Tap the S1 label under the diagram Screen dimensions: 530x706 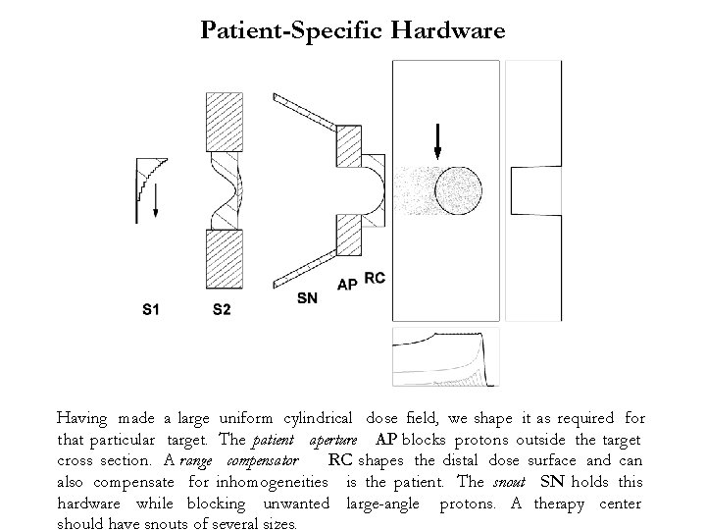click(151, 311)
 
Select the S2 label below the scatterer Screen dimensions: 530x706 click(222, 311)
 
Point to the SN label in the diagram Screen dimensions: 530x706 click(307, 297)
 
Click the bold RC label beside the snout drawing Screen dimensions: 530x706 click(375, 279)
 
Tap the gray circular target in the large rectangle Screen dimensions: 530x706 click(460, 189)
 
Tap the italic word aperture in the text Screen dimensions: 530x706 click(336, 440)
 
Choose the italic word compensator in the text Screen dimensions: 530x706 click(262, 461)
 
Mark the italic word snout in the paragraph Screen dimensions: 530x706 click(509, 483)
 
